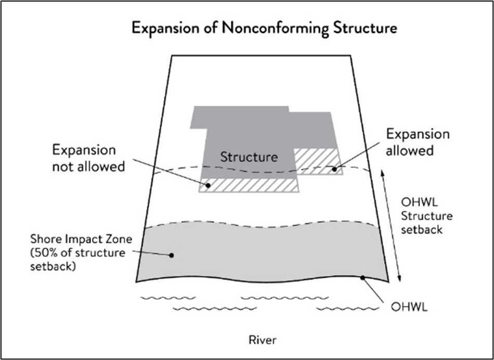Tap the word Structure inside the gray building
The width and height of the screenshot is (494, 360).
249,157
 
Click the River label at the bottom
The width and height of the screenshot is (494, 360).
263,341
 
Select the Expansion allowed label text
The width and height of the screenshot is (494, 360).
418,142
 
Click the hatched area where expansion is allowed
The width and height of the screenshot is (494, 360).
317,161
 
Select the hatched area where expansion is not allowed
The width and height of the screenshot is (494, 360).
250,185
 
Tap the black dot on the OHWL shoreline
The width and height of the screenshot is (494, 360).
362,277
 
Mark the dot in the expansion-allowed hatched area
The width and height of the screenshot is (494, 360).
335,169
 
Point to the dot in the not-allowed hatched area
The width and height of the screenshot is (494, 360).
207,185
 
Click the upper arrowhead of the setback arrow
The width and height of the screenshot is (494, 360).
383,171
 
